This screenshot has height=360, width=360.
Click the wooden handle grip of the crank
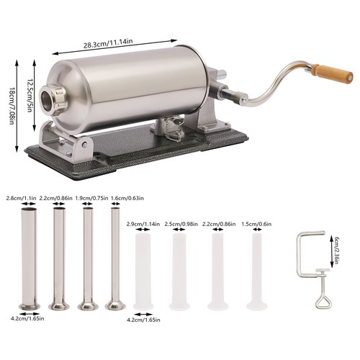click(x=333, y=73)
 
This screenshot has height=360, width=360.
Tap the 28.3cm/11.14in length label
click(x=108, y=43)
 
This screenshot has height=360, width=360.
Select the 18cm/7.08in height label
click(x=11, y=106)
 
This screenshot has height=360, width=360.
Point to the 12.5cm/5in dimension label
click(x=30, y=95)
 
